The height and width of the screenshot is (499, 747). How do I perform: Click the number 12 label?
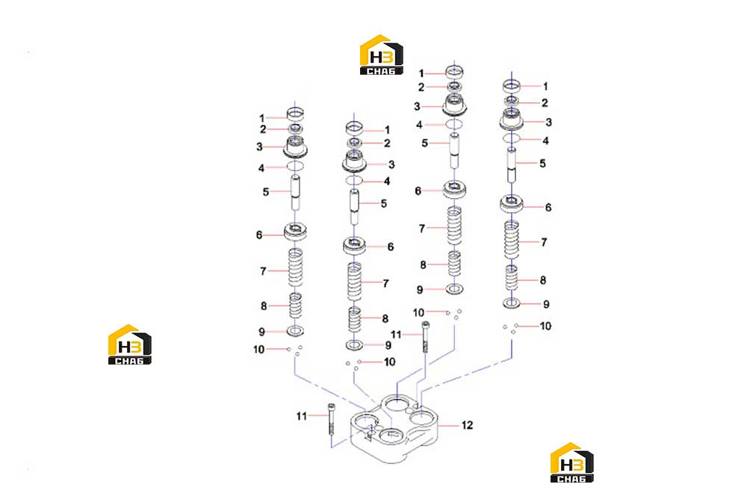(x=468, y=425)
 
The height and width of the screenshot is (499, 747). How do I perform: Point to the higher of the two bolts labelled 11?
(x=426, y=336)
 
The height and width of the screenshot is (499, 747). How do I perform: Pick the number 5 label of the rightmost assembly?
(x=542, y=164)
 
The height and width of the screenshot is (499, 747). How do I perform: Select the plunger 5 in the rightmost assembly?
(x=512, y=164)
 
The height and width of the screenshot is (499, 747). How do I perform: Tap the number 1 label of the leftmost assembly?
(x=261, y=118)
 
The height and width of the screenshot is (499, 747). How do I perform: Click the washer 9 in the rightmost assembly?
(x=512, y=303)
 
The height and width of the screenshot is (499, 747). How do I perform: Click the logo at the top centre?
(x=381, y=55)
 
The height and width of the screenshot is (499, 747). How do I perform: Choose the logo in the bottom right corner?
(x=571, y=462)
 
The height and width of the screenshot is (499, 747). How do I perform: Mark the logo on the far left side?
(x=129, y=344)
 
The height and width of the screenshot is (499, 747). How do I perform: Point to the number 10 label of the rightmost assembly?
(x=545, y=326)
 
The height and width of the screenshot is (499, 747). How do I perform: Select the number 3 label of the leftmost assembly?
(x=259, y=147)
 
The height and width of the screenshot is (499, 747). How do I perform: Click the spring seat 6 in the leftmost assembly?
(x=295, y=232)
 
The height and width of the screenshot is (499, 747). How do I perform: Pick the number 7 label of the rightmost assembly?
(x=544, y=242)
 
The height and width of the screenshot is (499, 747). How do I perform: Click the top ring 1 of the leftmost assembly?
(x=295, y=114)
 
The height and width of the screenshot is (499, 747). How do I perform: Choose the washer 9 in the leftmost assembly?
(x=295, y=330)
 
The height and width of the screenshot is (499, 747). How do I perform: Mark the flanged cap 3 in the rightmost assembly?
(x=512, y=119)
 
